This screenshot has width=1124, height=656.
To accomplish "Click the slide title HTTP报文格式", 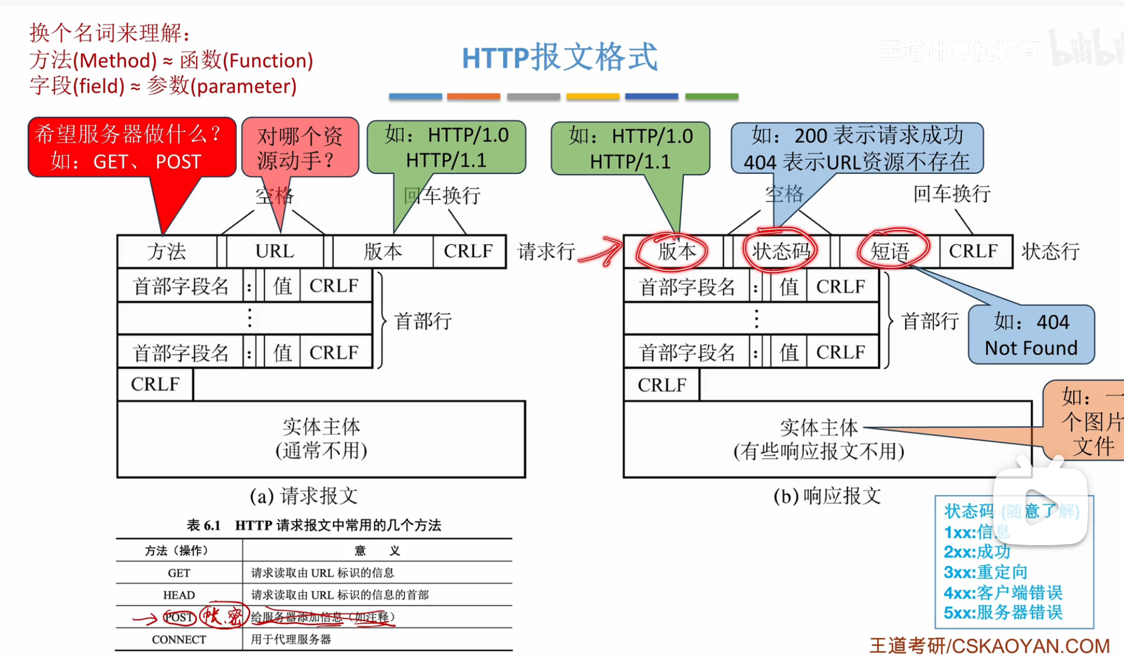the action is point(559,57).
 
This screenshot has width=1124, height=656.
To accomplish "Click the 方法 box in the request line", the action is point(166,252).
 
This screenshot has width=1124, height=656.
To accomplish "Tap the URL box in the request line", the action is point(274,252).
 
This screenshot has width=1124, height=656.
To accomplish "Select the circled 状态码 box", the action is point(780,252).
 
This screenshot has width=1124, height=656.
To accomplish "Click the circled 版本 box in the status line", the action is point(676,252).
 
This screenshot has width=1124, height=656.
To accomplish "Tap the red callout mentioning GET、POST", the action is point(131,148).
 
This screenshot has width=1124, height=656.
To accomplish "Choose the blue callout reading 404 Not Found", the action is point(1031,335).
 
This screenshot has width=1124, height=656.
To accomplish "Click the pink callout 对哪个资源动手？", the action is point(300,148).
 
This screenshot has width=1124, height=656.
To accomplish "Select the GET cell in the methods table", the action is point(179,573).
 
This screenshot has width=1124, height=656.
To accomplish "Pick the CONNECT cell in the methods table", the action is point(179,640).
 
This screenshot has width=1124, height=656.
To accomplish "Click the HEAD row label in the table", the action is point(179,595).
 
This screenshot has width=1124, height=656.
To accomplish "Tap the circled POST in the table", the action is point(178,617).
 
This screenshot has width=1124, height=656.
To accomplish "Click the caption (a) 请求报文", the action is point(303,496).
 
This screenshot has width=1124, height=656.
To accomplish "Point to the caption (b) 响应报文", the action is point(826,496).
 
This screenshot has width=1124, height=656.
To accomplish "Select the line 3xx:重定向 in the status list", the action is point(985,572).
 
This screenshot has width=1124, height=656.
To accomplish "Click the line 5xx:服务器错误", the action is point(1003,613).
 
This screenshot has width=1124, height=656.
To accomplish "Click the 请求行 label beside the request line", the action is point(546,252).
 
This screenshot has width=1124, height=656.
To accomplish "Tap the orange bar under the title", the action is point(473,97).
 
